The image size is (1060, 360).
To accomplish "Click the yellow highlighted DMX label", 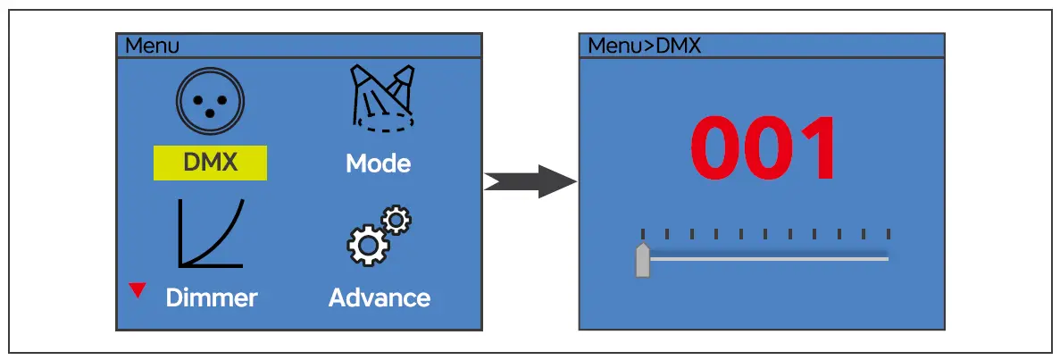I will point(210,163).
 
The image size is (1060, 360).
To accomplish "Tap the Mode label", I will point(378,163).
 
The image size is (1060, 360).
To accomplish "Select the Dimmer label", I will point(212,297).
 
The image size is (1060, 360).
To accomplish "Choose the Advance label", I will point(379,297).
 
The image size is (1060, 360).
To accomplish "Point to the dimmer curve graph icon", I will point(211,233).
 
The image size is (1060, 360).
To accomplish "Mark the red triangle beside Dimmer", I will point(138,289).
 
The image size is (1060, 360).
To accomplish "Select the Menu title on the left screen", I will point(152,46).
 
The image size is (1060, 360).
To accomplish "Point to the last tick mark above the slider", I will point(888,234).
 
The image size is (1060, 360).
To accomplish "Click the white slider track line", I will point(768,259).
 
